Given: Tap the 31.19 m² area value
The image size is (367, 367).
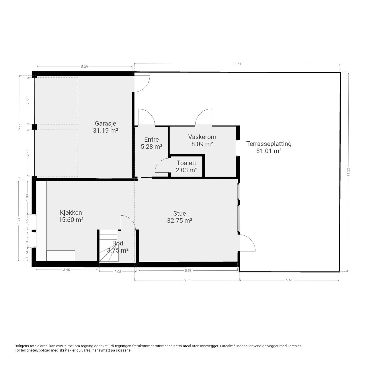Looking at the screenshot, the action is click(105, 131).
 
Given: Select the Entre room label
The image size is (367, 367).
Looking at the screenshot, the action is click(151, 139).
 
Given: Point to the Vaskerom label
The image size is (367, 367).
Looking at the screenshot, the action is click(202, 137).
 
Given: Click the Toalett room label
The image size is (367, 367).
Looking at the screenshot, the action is click(186, 163).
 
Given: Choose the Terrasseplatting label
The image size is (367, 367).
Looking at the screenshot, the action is click(269, 144).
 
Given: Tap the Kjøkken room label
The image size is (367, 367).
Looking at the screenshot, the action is click(71, 212).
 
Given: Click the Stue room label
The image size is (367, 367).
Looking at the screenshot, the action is click(179, 213).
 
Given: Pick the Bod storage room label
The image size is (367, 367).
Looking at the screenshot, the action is click(118, 243).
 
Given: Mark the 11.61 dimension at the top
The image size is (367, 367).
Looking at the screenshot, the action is click(237, 64).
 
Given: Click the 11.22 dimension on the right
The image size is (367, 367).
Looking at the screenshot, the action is click(348, 172).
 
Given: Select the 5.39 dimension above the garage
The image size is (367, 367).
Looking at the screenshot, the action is click(84, 67).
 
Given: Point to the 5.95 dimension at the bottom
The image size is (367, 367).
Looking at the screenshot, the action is click(187, 280).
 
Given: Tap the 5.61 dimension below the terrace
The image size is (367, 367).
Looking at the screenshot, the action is click(289, 280).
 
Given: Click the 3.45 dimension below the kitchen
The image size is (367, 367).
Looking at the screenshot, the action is click(67, 270).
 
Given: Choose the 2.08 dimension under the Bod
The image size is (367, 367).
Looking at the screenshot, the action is click(118, 272).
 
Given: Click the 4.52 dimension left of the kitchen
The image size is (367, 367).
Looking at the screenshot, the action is click(18, 221).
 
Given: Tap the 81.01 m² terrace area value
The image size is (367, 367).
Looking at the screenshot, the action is click(269, 151).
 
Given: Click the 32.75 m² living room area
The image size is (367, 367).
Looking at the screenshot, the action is click(179, 220).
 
